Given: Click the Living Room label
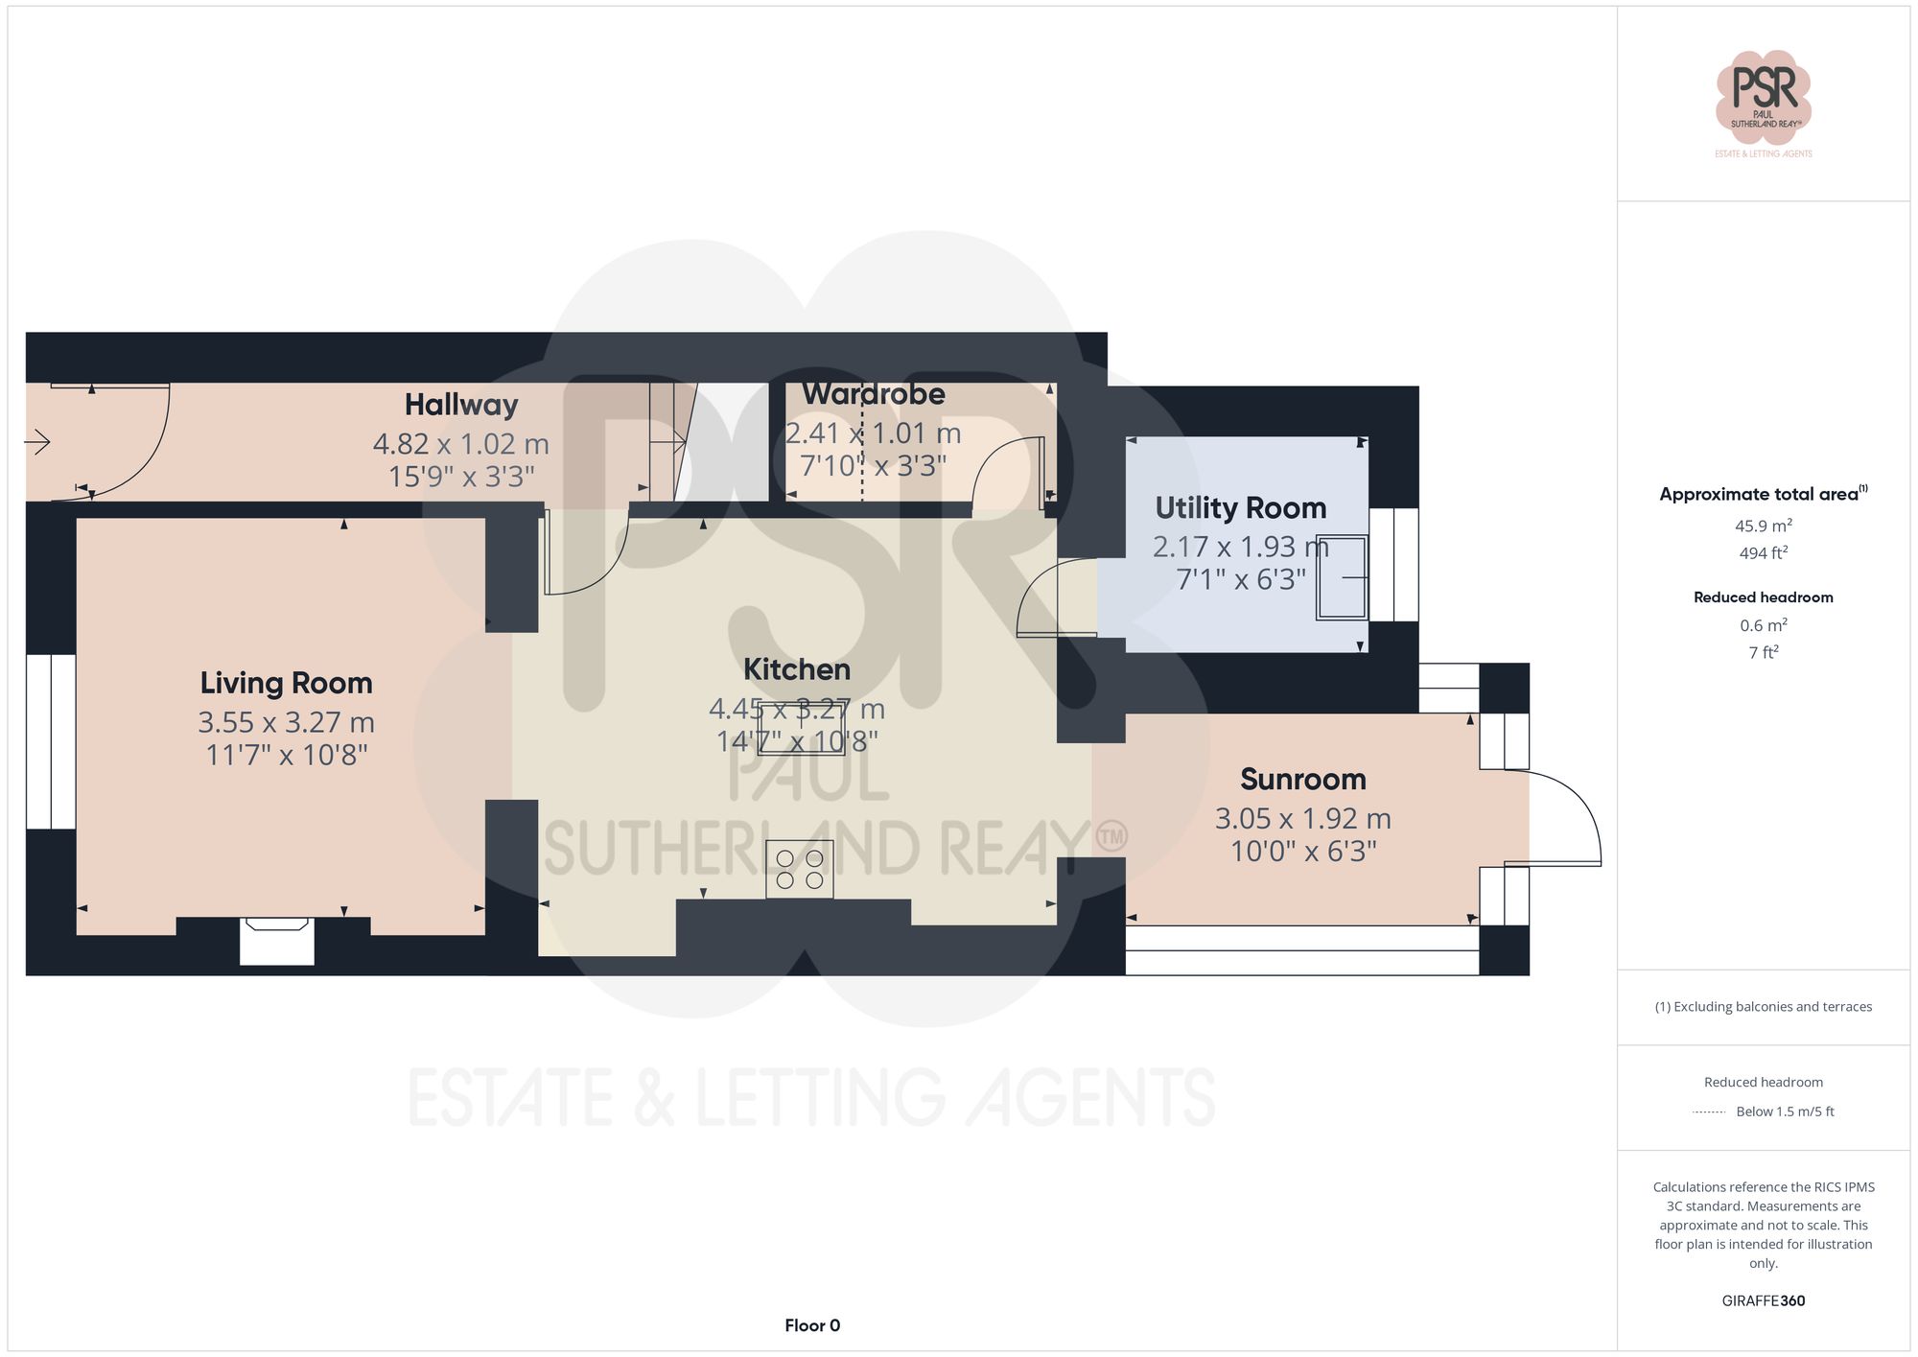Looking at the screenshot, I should [286, 683].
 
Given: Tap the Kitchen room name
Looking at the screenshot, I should [797, 669].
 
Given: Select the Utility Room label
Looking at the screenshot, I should [1240, 507].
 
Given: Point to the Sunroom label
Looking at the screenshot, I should [1302, 779].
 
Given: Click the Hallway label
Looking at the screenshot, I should [460, 405].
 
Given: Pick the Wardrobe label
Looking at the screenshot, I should [873, 394].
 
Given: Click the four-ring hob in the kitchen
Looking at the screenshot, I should [800, 869].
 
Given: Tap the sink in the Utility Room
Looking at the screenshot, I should [1342, 577].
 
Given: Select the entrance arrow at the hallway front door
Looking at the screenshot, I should [37, 442].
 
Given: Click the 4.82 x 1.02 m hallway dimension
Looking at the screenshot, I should [460, 444].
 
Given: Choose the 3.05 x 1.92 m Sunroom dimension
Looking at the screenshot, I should [1302, 819].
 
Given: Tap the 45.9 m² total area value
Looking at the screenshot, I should [1763, 526].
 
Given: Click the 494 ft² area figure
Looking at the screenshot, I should [1763, 553].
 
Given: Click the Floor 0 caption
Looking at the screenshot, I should [812, 1325].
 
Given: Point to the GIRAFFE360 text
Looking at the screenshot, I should [1763, 1300].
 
